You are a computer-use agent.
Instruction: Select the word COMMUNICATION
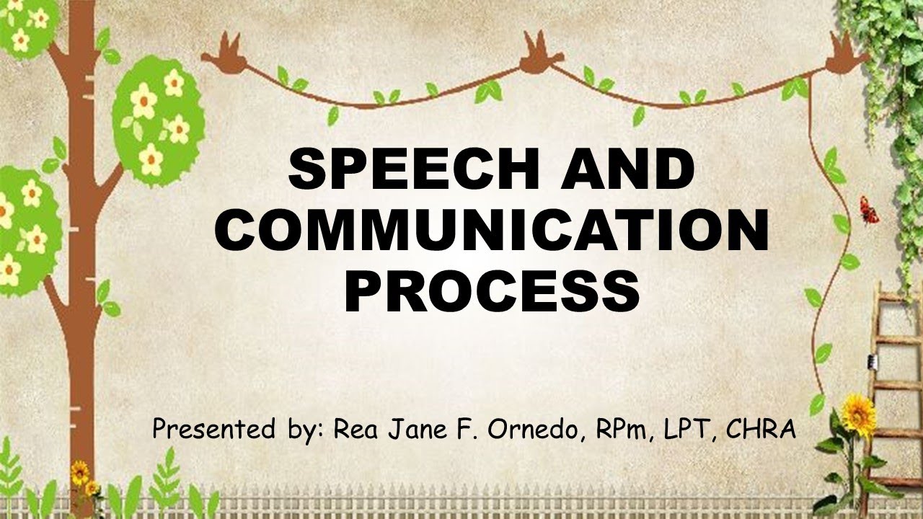pyautogui.click(x=491, y=232)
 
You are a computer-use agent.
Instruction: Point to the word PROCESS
pyautogui.click(x=493, y=291)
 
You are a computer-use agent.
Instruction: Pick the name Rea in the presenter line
pyautogui.click(x=355, y=430)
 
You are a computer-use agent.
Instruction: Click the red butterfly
pyautogui.click(x=868, y=210)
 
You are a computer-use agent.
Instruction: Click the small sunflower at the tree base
pyautogui.click(x=80, y=472)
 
